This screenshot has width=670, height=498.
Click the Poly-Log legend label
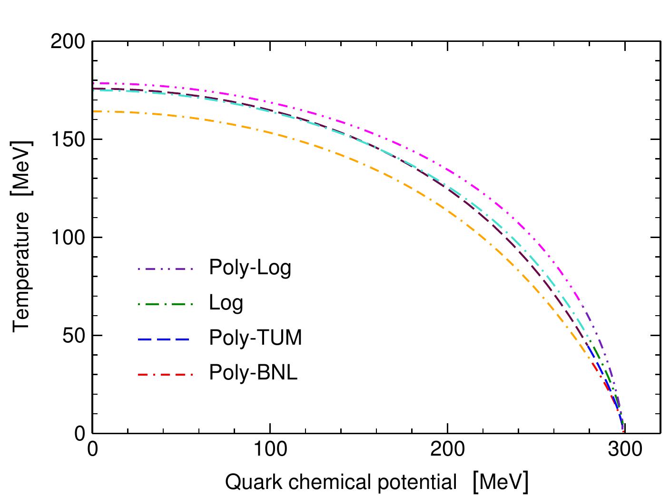[x=250, y=268]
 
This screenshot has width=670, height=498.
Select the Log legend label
[x=226, y=303]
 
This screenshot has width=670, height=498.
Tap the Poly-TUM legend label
[x=256, y=338]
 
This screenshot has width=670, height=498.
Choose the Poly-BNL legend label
[x=253, y=373]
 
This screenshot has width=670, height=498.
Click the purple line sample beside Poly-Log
[x=165, y=269]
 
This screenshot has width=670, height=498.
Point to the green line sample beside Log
[x=165, y=304]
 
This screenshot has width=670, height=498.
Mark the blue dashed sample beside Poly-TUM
[x=165, y=339]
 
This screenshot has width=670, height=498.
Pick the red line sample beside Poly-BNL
[x=165, y=374]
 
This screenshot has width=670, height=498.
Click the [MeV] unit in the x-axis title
[x=500, y=482]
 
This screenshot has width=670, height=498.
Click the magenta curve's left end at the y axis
[x=94, y=83]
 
